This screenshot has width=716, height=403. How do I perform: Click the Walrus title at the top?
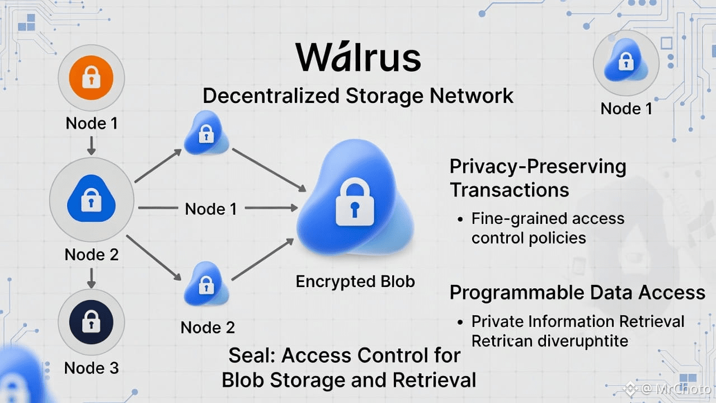[358, 58]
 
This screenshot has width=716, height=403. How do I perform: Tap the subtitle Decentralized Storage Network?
[358, 96]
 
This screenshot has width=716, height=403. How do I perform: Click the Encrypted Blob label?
[355, 281]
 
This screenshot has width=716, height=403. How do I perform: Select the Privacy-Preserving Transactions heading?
[538, 178]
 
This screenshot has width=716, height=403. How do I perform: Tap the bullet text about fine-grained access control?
[548, 228]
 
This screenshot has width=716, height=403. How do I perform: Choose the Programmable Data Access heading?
[577, 292]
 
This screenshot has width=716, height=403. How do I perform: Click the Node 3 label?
[91, 368]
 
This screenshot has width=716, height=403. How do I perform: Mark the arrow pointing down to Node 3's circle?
[92, 278]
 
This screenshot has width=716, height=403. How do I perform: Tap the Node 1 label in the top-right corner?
[626, 108]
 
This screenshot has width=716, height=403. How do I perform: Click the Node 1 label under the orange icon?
[92, 123]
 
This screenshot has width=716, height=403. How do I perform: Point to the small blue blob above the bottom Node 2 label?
[206, 284]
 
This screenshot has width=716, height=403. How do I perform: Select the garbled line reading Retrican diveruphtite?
[550, 340]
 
